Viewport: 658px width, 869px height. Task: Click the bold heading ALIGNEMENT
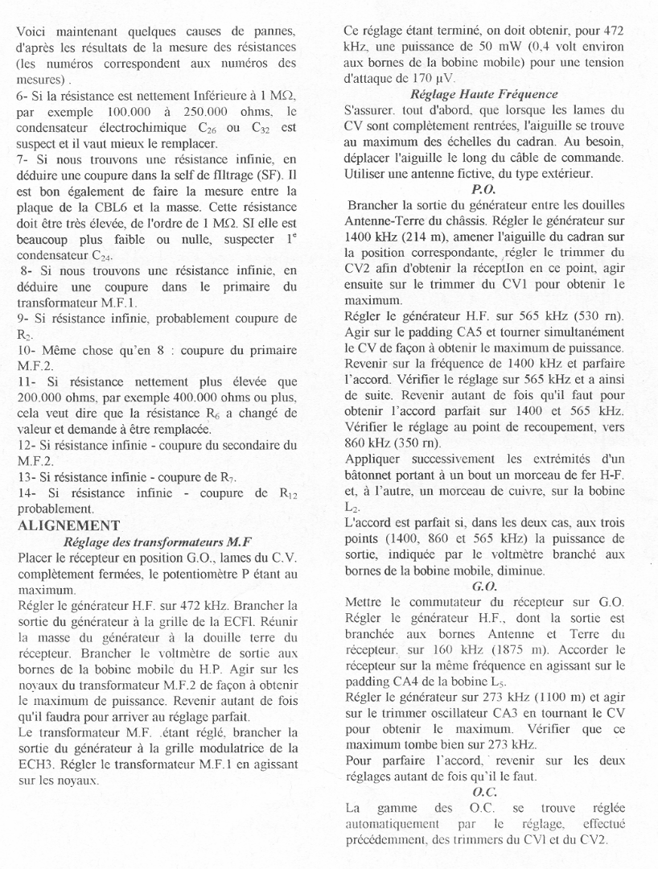point(68,525)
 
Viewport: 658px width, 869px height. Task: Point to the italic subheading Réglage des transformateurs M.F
point(158,542)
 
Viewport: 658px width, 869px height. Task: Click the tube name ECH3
point(35,765)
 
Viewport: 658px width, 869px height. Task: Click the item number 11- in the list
point(27,382)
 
